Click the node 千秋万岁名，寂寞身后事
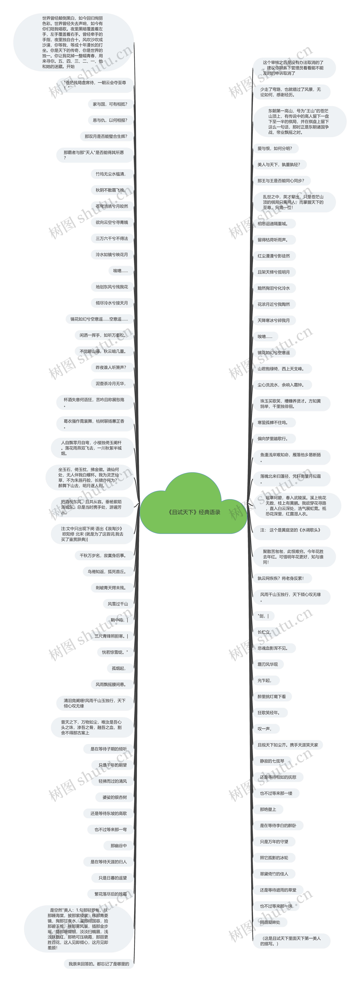coord(103,555)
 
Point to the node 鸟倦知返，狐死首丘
coord(107,571)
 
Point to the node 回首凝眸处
coord(270,922)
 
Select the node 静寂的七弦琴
coord(272,761)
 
